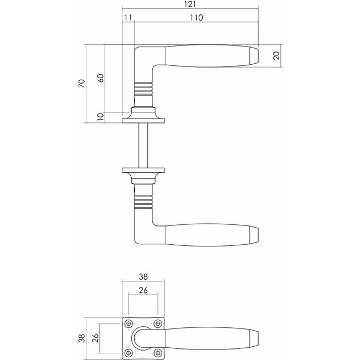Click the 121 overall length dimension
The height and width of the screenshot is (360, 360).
190,4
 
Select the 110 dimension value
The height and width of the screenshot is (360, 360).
197,18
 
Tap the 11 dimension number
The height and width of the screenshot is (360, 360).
128,18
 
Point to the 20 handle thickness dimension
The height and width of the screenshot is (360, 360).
277,55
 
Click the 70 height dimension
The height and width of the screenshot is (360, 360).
82,83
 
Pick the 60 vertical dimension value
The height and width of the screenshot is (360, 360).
101,78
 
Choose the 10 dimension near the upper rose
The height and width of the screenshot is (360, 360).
101,117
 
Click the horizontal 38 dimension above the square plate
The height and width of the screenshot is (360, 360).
143,277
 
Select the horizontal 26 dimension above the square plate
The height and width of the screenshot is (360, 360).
143,290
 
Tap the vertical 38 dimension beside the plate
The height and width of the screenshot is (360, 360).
82,338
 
